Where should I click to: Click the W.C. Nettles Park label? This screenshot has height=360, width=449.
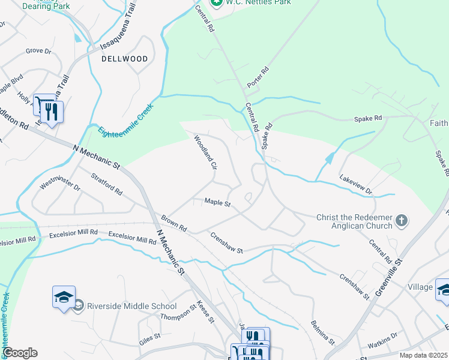tap(258, 2)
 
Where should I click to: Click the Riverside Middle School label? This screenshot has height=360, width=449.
tap(132, 306)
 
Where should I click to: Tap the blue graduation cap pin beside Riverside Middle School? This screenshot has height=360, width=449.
tap(64, 298)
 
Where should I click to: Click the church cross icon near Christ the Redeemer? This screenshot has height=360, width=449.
tap(402, 221)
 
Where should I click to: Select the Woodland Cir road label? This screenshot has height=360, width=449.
tap(204, 152)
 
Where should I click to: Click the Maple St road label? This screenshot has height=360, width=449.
tap(217, 203)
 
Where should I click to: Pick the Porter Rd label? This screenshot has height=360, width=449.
tap(259, 77)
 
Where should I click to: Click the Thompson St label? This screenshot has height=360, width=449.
tap(178, 313)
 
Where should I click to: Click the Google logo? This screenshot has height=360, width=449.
tap(20, 353)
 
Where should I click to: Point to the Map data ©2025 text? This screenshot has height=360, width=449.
tap(423, 355)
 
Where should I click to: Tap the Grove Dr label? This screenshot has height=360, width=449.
tap(38, 51)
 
